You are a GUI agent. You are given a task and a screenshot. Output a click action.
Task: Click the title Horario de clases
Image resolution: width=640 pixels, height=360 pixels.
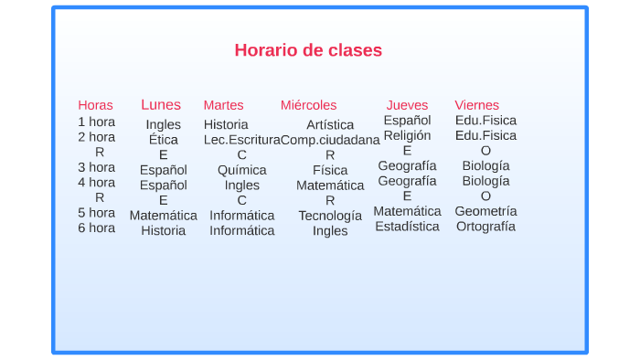tap(308, 50)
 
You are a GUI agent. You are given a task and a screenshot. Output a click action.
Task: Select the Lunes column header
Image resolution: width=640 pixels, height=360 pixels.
tap(161, 104)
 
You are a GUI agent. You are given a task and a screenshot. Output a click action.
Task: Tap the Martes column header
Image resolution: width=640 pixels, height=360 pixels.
tap(223, 105)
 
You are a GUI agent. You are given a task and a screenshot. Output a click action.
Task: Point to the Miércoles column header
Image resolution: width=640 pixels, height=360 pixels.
tap(308, 105)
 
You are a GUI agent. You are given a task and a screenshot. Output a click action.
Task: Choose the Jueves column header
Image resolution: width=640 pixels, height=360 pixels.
tap(407, 105)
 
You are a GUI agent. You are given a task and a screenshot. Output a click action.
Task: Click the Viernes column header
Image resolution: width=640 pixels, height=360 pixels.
tap(476, 105)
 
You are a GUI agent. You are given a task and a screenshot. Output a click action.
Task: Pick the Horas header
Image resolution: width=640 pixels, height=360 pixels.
tap(95, 105)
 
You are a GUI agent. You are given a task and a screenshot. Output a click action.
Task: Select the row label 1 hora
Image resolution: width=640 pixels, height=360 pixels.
tap(96, 122)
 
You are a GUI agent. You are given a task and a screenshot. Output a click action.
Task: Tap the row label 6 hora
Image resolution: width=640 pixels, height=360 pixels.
tap(96, 228)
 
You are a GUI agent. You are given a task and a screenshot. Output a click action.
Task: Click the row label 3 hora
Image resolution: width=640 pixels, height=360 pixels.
tap(96, 167)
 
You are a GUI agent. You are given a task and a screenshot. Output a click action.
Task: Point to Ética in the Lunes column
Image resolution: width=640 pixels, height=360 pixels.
tap(163, 140)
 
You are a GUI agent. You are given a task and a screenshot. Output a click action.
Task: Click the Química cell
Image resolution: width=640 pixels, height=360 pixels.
tap(241, 170)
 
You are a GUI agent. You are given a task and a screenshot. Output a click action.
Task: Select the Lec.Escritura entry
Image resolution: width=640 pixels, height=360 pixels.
tap(241, 140)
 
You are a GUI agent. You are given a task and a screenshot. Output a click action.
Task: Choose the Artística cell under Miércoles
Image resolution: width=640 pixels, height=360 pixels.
tap(330, 124)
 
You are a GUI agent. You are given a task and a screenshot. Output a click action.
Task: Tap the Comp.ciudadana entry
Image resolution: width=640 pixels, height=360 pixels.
tap(330, 140)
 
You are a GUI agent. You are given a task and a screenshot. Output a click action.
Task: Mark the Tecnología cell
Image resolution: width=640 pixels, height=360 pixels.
tap(330, 216)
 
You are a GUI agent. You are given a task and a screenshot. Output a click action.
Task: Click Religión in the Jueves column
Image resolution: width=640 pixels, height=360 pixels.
tap(407, 135)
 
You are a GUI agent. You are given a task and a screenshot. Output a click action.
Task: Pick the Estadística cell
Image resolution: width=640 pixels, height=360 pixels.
tap(407, 227)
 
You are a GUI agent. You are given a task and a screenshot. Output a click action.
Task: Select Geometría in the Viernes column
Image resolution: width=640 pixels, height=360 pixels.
tap(485, 211)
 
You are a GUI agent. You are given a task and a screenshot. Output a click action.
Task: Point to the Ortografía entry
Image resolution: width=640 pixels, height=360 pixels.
tap(485, 227)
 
